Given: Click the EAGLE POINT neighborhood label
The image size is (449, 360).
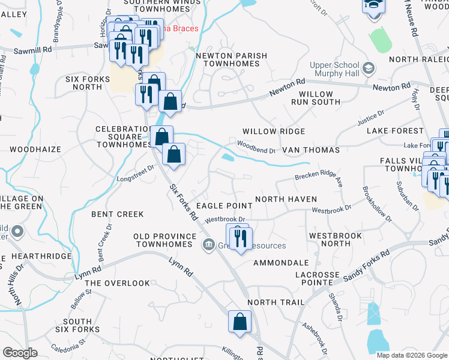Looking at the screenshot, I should pos(224,206).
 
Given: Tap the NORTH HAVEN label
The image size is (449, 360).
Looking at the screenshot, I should pos(286,199).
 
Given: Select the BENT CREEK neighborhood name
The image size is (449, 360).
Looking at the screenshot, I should pos(117,214).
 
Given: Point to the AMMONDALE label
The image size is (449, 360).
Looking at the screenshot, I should pos(281,263).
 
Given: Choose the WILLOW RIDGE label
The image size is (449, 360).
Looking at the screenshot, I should pos(274,131).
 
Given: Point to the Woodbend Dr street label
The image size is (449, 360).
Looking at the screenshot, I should pos(256,147).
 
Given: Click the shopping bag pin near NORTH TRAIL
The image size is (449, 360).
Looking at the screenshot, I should pos(240,322).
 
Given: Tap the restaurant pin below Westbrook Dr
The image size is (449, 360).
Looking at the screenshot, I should pos(241,238).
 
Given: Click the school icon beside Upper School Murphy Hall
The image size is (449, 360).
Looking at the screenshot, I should pos(368,66).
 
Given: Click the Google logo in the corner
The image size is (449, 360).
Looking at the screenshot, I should pos(20,353).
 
